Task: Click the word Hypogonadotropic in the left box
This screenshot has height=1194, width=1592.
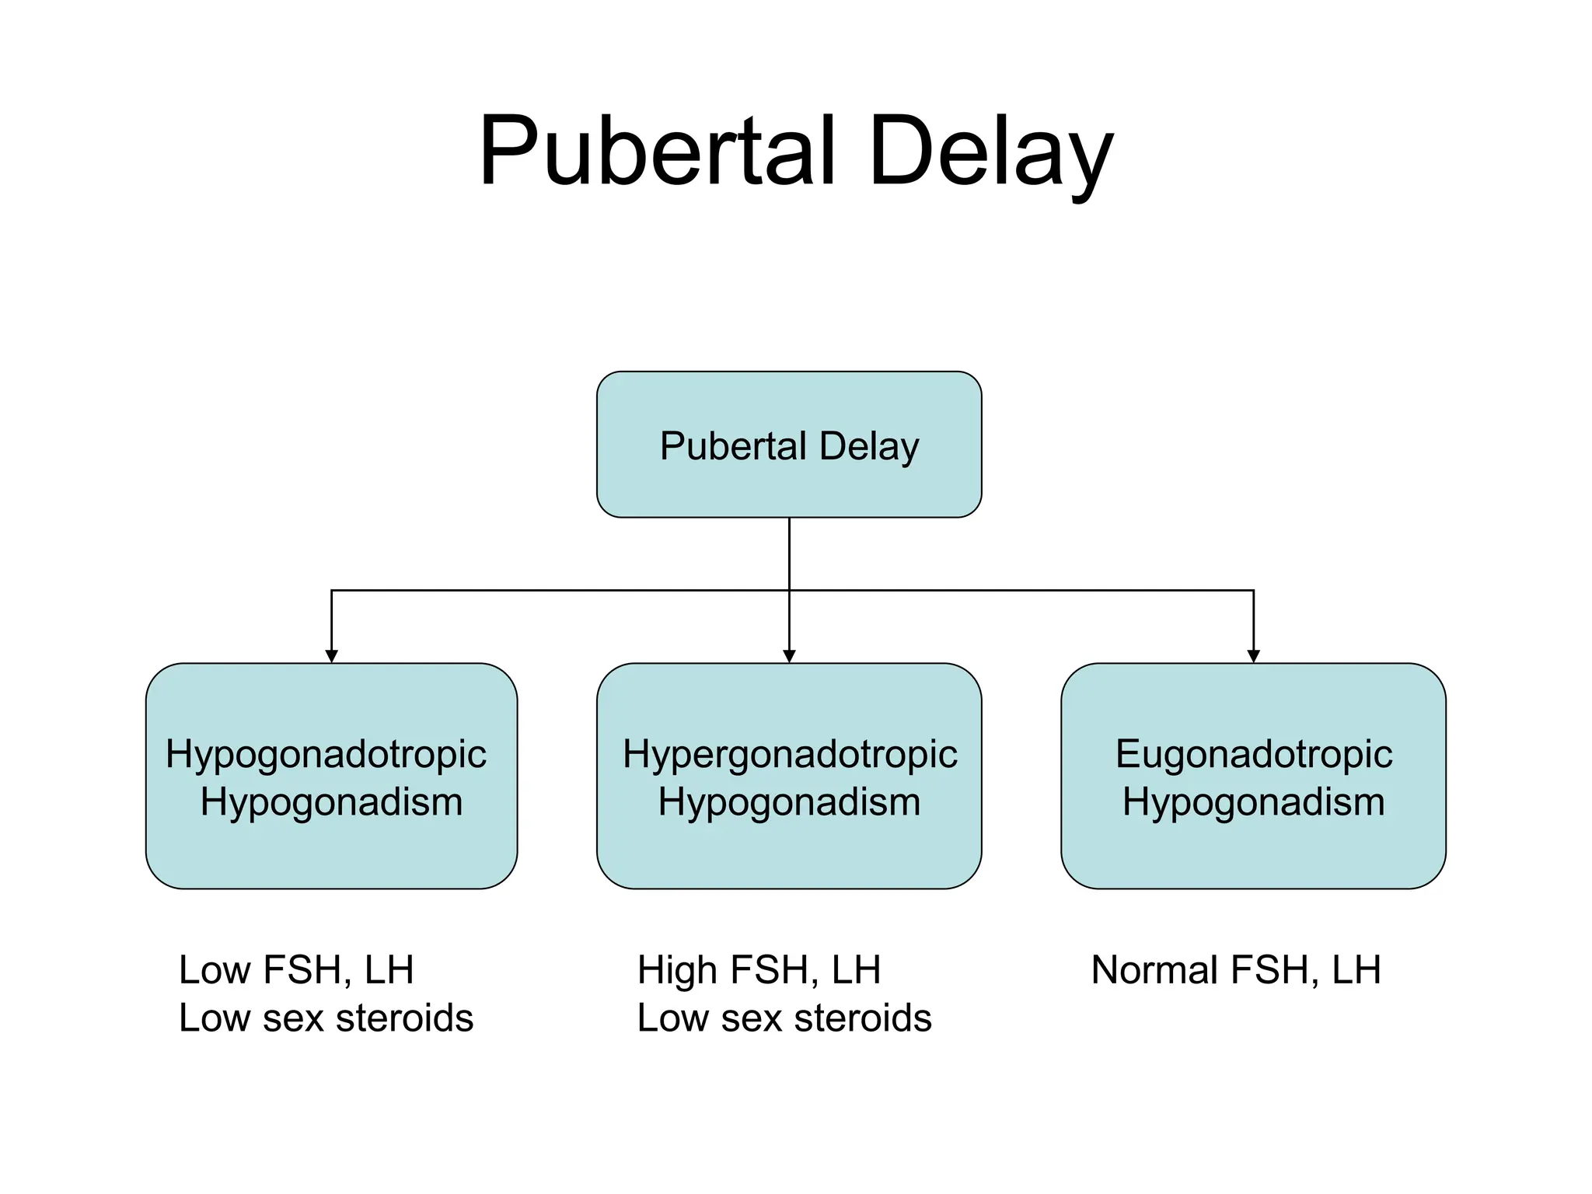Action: click(326, 754)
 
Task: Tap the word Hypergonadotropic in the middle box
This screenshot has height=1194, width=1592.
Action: click(790, 754)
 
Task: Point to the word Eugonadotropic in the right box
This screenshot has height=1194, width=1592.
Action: click(1253, 754)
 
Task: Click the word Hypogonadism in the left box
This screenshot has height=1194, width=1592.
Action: click(331, 801)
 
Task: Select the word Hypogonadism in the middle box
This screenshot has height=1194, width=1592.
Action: click(789, 801)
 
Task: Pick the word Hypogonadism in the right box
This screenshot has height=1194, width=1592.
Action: click(1253, 801)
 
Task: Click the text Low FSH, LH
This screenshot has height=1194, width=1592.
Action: click(296, 970)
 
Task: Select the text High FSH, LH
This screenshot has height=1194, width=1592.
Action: click(759, 970)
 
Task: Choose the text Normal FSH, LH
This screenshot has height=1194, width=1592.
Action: click(1236, 970)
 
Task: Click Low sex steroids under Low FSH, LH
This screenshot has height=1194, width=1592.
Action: click(326, 1018)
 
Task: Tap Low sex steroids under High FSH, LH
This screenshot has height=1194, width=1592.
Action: click(784, 1018)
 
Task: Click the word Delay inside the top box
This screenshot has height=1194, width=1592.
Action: click(869, 446)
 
